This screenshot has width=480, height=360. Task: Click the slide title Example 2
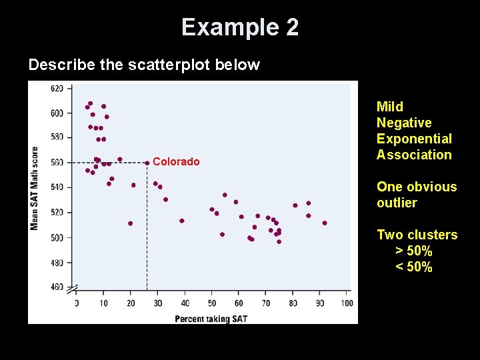240,27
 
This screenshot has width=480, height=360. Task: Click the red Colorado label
176,162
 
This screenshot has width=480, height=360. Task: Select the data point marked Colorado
147,162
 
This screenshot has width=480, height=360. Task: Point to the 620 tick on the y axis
57,89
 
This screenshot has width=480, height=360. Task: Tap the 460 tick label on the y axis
57,287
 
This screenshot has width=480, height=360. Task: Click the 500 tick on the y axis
57,237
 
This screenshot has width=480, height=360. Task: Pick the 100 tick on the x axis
347,304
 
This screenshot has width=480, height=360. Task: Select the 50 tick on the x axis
211,304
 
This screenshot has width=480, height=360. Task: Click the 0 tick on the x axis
76,304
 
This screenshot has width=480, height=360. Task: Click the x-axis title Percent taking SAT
211,319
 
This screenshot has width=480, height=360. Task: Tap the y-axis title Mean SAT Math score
35,188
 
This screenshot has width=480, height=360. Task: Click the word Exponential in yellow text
414,139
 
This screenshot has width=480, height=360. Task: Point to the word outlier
397,203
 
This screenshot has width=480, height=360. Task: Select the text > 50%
413,251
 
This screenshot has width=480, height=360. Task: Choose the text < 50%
413,267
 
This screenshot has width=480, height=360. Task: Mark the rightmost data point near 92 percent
325,223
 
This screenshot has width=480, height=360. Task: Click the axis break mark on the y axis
72,288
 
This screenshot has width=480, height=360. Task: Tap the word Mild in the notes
390,107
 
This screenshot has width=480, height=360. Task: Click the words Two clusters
417,235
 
